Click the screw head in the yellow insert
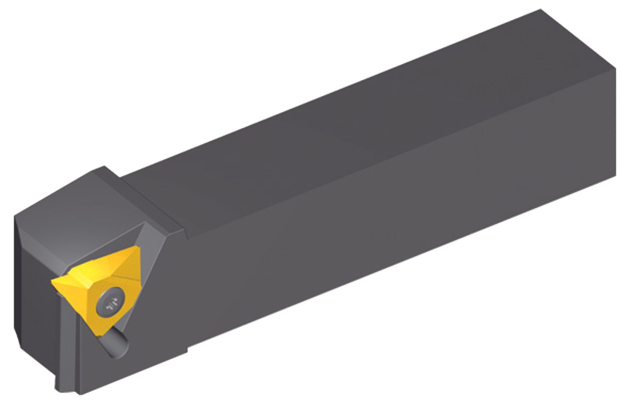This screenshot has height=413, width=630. (x=110, y=304)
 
